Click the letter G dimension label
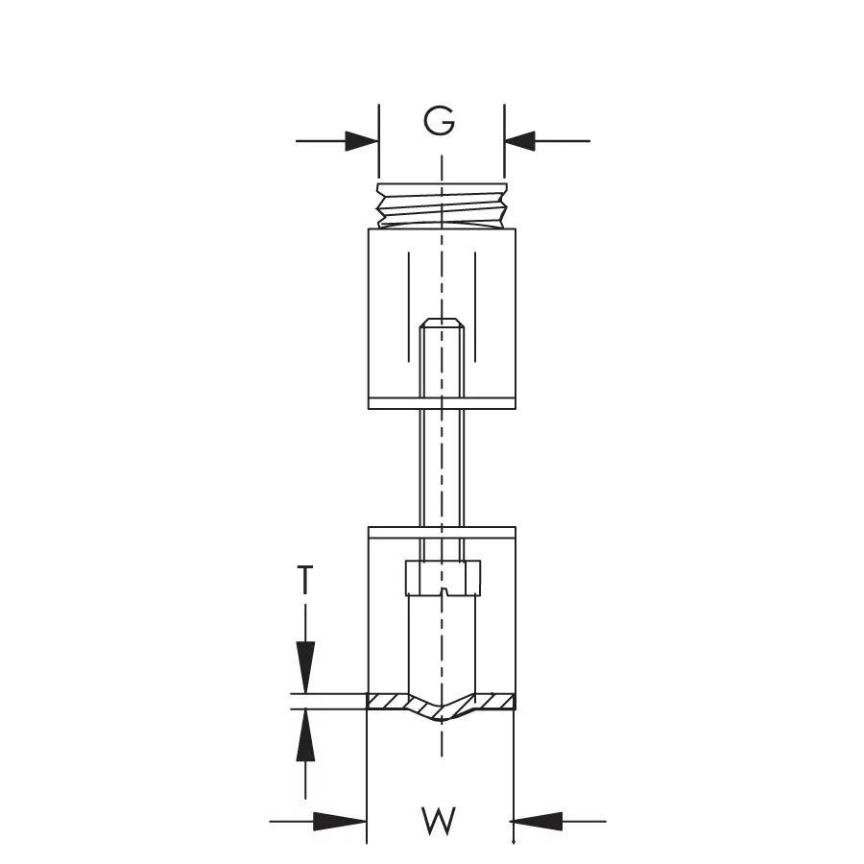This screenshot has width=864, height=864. click(x=439, y=121)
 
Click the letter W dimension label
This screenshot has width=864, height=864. click(x=439, y=821)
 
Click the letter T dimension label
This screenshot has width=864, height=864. click(x=304, y=580)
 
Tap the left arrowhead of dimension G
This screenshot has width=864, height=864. click(x=362, y=141)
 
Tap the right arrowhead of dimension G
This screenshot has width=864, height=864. click(x=520, y=141)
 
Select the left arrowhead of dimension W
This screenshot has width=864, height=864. click(x=340, y=822)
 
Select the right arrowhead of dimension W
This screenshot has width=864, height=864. click(x=538, y=822)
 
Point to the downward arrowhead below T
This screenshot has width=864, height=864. click(x=305, y=667)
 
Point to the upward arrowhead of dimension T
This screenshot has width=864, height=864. click(x=305, y=735)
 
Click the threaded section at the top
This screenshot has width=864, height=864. click(x=442, y=205)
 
